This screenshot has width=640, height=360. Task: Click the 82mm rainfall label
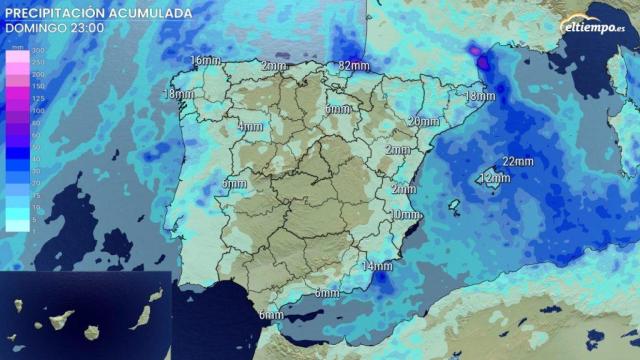point(355,66)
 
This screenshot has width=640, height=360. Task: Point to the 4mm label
point(250,127)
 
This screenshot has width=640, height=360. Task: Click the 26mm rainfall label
point(422,121)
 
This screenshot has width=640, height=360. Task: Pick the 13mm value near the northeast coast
point(479,96)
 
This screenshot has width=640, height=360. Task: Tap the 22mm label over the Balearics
point(518,161)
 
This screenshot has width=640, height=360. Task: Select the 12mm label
point(494,178)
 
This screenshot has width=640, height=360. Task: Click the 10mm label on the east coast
point(404,215)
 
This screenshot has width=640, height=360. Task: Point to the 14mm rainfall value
point(377,266)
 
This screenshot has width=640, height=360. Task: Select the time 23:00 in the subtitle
point(84,28)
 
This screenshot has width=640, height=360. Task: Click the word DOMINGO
point(35,28)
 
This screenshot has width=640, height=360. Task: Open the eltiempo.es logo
point(593,26)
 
